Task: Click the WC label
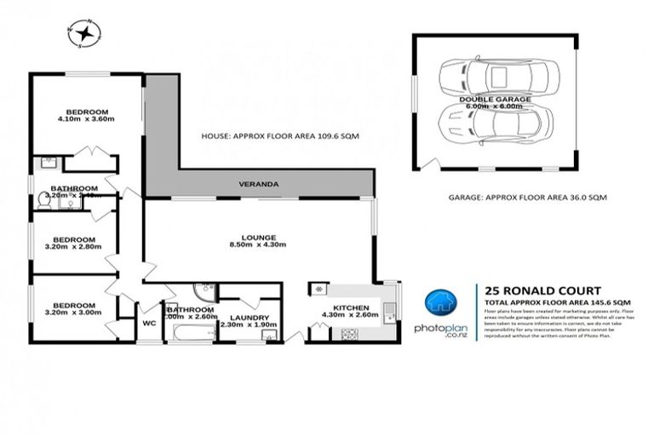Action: coord(149,324)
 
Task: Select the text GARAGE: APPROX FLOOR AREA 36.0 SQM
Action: coord(519,197)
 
